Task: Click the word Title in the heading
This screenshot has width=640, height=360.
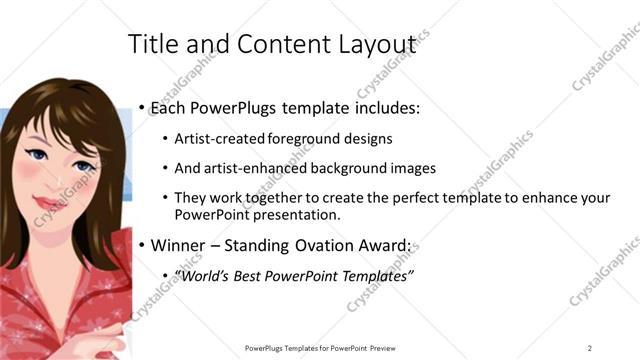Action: coord(150,44)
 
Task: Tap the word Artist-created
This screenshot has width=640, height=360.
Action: coord(215,139)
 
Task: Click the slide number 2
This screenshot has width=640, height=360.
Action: coord(590,348)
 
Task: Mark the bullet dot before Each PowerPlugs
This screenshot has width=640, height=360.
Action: coord(143,107)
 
